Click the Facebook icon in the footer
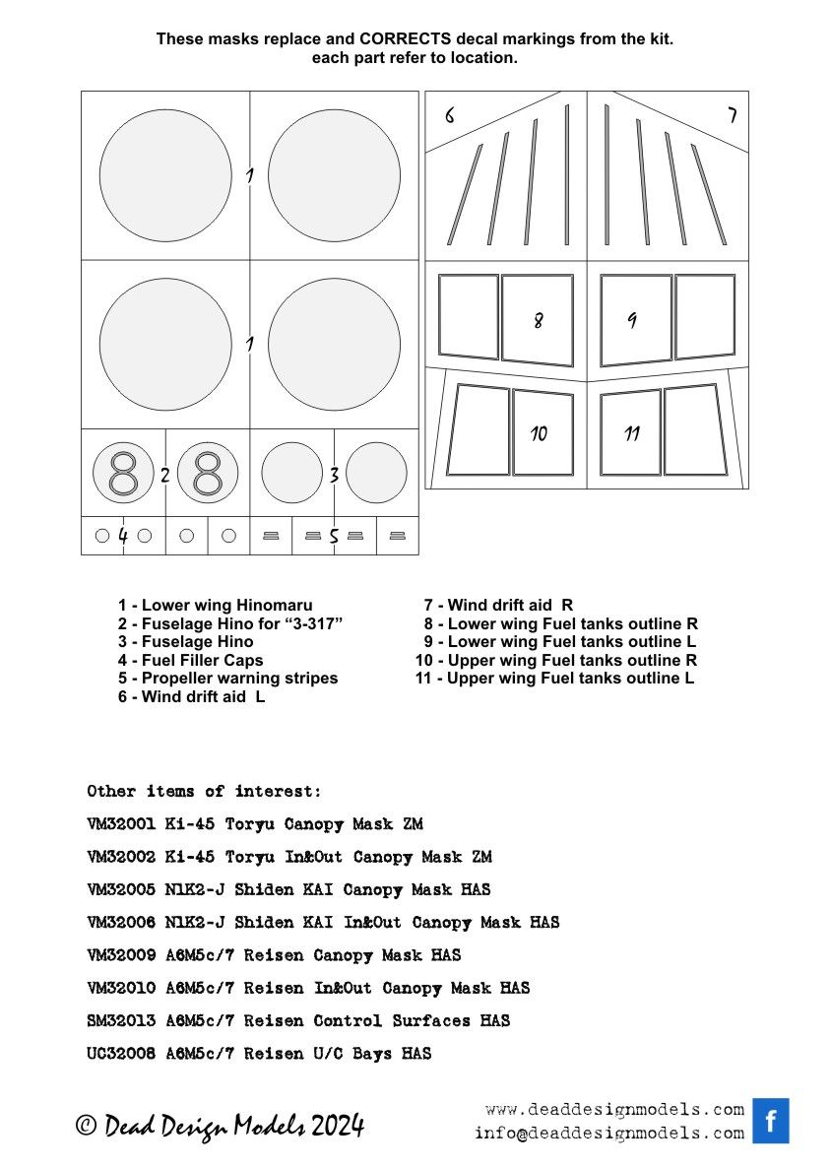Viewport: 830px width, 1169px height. pyautogui.click(x=771, y=1121)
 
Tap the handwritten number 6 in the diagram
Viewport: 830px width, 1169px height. pyautogui.click(x=449, y=115)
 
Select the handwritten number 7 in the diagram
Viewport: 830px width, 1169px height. pyautogui.click(x=732, y=115)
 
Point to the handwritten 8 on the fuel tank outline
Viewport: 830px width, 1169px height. pyautogui.click(x=538, y=320)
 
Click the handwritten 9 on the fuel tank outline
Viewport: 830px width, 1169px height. pyautogui.click(x=631, y=320)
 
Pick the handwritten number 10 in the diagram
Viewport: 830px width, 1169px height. pyautogui.click(x=538, y=433)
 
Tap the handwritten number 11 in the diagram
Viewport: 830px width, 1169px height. pyautogui.click(x=632, y=433)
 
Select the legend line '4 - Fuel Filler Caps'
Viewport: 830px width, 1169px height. pyautogui.click(x=191, y=660)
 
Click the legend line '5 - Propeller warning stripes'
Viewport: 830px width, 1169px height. pyautogui.click(x=227, y=678)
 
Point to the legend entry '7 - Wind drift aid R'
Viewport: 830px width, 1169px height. pyautogui.click(x=498, y=605)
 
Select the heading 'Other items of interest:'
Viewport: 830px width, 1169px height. pyautogui.click(x=204, y=792)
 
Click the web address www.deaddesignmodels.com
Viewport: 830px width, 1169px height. pyautogui.click(x=614, y=1109)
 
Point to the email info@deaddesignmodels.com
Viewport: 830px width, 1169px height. pyautogui.click(x=608, y=1133)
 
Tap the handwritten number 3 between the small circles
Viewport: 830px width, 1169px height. pyautogui.click(x=334, y=475)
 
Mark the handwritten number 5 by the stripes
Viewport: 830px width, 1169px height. pyautogui.click(x=334, y=537)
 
